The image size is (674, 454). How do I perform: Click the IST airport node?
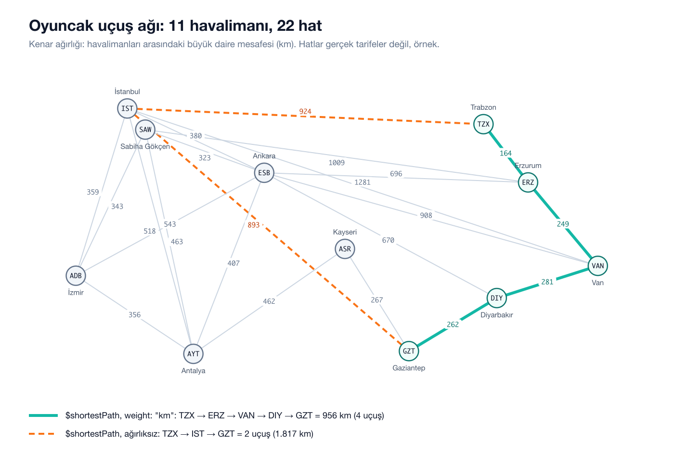(127, 108)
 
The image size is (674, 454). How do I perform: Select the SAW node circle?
(145, 130)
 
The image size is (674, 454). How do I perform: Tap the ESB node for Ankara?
(264, 173)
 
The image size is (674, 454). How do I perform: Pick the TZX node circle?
(483, 124)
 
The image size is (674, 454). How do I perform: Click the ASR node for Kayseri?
(345, 249)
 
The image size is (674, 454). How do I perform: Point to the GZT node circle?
(409, 351)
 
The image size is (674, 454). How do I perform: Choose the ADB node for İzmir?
(76, 275)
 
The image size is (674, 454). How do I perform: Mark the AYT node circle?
(194, 354)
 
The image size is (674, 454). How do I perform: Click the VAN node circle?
(598, 266)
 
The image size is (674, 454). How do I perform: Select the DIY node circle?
(497, 298)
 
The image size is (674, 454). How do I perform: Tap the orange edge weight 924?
(305, 112)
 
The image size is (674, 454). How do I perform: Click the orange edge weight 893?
(254, 225)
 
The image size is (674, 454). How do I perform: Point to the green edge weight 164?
(506, 154)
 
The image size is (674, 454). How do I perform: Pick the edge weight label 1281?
(363, 182)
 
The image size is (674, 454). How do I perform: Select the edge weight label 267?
(377, 300)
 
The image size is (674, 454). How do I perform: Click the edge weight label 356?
(134, 315)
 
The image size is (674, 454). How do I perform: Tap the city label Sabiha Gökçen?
(145, 146)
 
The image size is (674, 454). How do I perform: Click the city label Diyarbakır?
(497, 315)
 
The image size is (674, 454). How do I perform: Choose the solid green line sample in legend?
(43, 415)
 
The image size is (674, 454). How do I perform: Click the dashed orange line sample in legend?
(42, 434)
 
